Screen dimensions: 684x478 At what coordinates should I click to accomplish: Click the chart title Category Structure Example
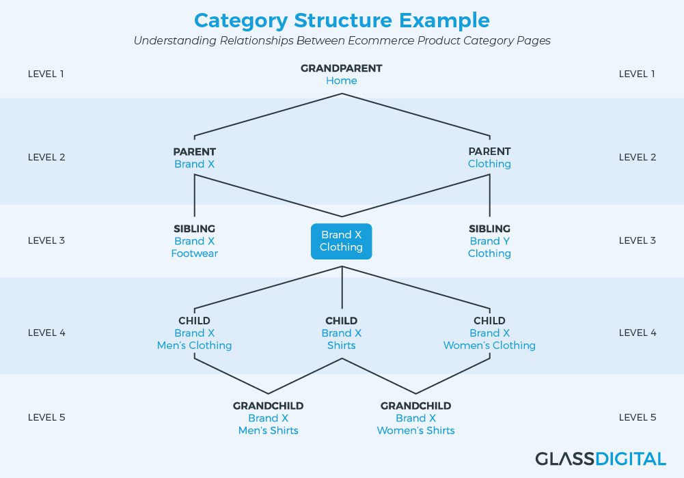tap(342, 20)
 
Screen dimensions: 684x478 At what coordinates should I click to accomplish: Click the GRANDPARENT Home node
tap(342, 74)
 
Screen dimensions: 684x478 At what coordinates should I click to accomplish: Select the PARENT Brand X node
tap(195, 158)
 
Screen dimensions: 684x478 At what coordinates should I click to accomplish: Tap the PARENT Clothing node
tap(489, 157)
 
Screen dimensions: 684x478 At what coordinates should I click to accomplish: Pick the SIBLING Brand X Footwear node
tap(195, 241)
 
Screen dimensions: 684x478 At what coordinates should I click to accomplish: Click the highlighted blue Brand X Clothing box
tap(342, 242)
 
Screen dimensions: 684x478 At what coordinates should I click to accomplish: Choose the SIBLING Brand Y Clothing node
tap(489, 241)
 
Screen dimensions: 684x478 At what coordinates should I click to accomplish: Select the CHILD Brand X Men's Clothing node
tap(195, 333)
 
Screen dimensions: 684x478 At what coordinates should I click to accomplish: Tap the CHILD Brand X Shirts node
tap(342, 333)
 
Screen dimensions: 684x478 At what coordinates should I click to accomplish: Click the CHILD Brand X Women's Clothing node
tap(489, 333)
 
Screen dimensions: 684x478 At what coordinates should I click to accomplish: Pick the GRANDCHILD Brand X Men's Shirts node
tap(269, 419)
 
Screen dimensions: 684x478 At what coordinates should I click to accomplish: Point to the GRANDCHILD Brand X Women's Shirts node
tap(415, 419)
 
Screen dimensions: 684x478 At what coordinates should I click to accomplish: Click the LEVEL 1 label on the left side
tap(46, 74)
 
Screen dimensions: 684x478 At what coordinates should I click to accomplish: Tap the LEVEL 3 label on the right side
tap(638, 240)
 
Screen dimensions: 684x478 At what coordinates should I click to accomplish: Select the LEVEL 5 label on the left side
tap(46, 417)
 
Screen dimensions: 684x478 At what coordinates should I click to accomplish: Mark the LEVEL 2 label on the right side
tap(638, 157)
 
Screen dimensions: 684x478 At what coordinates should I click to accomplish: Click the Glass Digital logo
tap(601, 459)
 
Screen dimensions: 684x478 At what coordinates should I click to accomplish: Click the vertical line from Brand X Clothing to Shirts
tap(342, 287)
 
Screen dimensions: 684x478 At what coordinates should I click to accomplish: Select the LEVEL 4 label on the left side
tap(46, 333)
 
